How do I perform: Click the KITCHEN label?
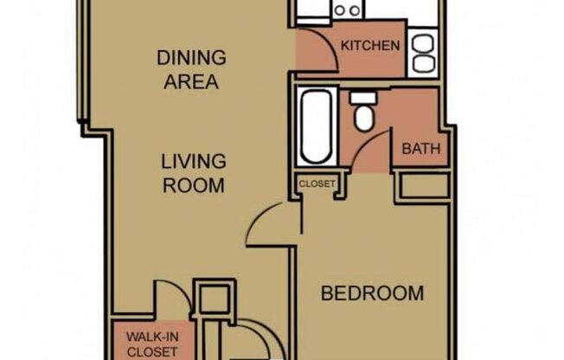click(370, 46)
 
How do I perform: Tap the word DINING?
click(191, 59)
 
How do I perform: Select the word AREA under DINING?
click(191, 83)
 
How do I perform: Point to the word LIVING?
click(194, 162)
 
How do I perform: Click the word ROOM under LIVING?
click(194, 185)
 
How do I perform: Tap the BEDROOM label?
click(372, 293)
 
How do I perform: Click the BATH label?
click(421, 149)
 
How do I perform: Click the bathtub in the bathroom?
click(316, 128)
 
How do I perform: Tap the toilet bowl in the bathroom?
click(364, 119)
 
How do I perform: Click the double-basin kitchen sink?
click(424, 52)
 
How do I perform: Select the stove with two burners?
click(348, 10)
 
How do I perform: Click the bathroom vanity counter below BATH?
click(423, 185)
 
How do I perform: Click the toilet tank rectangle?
click(362, 97)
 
